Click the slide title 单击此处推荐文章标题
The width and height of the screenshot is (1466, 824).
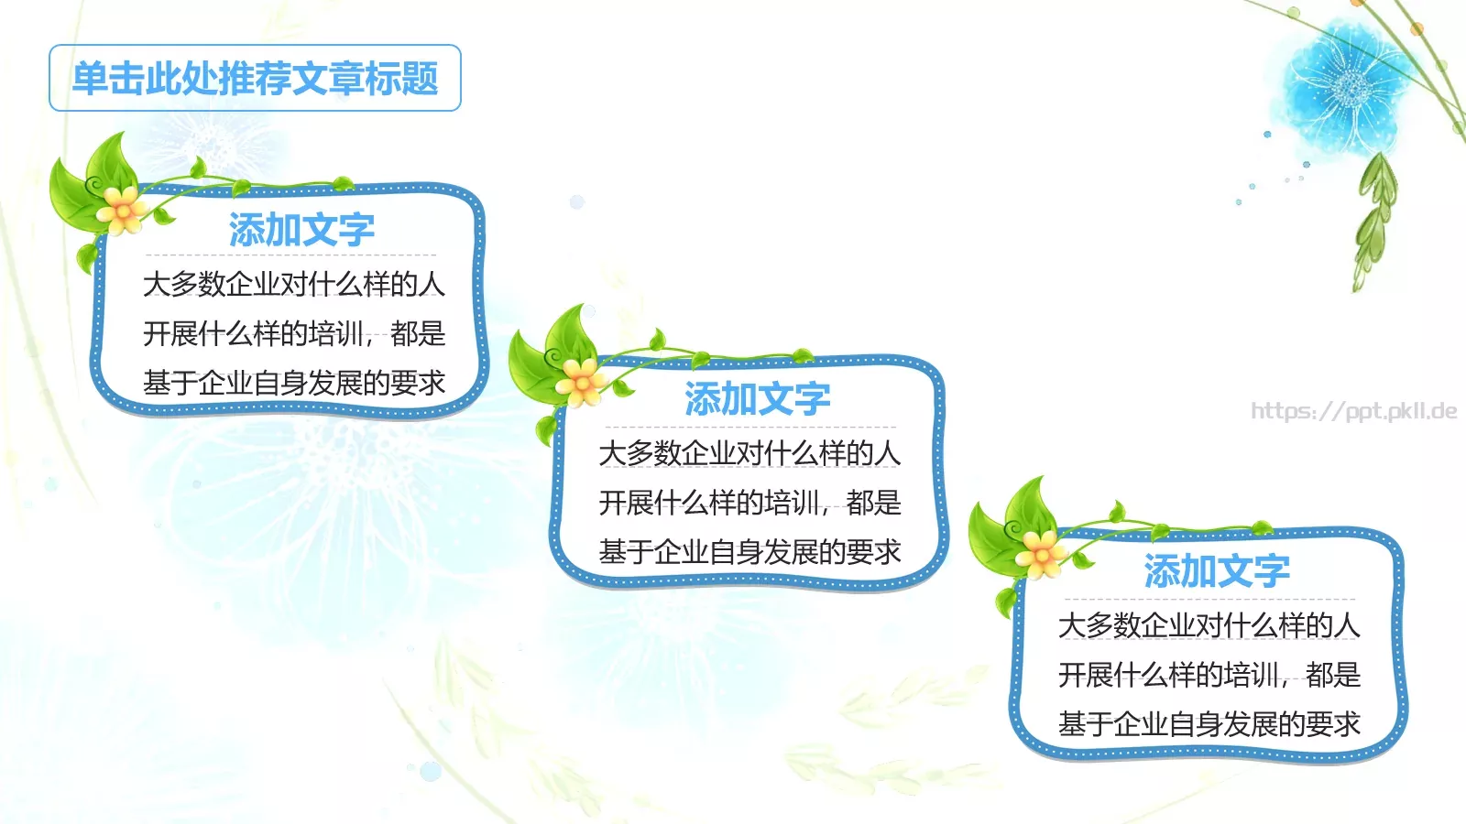click(255, 79)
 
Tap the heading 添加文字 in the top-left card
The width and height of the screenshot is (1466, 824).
click(301, 229)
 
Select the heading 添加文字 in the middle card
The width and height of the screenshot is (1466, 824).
click(757, 399)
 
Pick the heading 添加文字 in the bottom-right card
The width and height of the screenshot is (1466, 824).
click(1216, 571)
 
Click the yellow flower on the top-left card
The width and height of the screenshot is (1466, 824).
click(123, 209)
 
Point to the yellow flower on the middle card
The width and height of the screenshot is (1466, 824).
click(581, 381)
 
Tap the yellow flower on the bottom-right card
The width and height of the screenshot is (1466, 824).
click(1041, 553)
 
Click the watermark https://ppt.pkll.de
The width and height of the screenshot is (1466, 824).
click(1353, 411)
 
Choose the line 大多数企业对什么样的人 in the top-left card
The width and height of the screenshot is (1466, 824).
click(293, 285)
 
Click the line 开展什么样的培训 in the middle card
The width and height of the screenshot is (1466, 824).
click(713, 503)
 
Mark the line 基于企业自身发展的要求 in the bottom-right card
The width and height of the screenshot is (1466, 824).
click(1209, 724)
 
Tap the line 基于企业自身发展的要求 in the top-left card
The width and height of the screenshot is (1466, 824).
click(293, 383)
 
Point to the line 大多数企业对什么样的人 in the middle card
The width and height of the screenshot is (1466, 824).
click(749, 453)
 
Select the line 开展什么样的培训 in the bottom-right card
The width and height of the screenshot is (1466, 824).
click(1172, 675)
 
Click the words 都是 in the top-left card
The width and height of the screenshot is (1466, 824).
click(418, 333)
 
